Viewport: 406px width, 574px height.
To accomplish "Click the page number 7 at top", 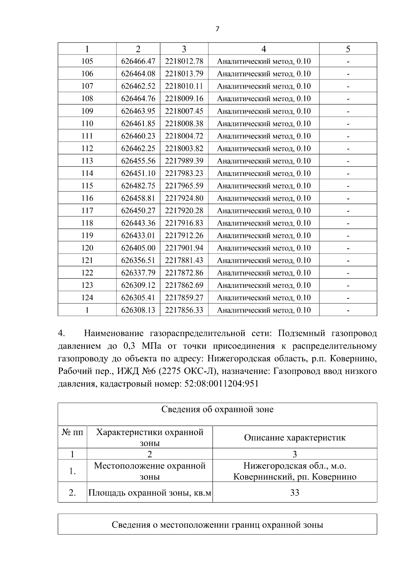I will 217,29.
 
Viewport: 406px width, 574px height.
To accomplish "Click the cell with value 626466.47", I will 138,61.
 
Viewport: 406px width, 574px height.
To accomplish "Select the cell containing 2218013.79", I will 184,74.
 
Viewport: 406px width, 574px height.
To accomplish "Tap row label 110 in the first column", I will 87,123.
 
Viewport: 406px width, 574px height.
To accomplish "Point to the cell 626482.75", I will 138,186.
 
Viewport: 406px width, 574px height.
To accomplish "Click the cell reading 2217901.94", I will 184,248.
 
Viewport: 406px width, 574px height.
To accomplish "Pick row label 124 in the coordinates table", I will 87,298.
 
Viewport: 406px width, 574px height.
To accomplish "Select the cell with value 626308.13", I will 138,310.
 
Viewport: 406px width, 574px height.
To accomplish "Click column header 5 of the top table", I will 348,49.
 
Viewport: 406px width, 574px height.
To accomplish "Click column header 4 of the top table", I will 264,49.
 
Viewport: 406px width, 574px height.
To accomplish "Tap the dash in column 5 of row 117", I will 348,211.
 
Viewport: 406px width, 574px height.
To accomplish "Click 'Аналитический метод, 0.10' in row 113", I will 264,161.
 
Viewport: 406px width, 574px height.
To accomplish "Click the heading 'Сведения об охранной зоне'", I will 217,410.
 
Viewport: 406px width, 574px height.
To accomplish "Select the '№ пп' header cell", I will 72,432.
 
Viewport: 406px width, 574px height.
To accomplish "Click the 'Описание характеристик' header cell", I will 295,437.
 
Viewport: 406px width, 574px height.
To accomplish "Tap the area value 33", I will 295,493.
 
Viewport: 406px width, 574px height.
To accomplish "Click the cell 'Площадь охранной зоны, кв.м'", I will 150,493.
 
